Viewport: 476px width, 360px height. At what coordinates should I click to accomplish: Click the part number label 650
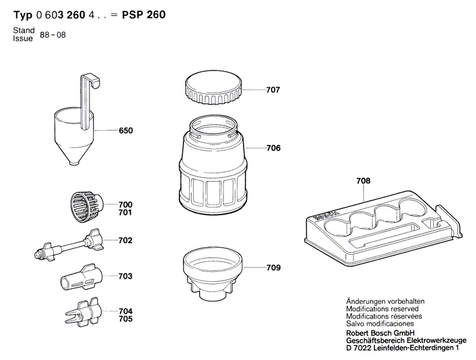pos(126,131)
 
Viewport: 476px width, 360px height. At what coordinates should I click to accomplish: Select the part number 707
pos(273,90)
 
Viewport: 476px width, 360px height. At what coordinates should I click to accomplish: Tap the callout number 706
pos(273,148)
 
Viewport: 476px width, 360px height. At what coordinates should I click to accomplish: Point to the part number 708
pos(363,182)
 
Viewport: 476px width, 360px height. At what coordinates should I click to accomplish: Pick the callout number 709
pos(273,268)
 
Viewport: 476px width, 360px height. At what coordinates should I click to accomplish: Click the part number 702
pos(126,241)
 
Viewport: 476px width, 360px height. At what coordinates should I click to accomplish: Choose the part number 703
pos(126,276)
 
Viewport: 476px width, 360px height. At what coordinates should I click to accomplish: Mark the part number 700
pos(126,204)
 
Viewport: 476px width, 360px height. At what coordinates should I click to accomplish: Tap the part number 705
pos(126,319)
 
